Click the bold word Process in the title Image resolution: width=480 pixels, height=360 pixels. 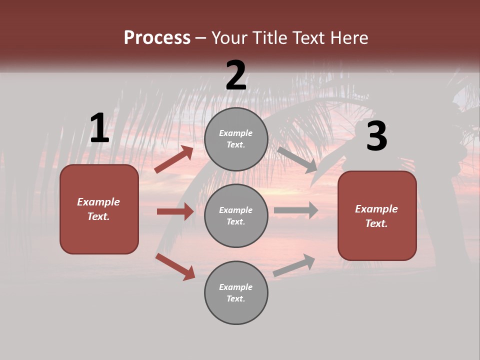tap(157, 38)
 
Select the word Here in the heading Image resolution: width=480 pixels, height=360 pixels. tap(348, 38)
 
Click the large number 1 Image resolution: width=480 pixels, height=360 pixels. tap(99, 128)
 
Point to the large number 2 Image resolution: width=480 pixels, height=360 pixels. tap(236, 75)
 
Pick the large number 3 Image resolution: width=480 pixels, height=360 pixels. tap(376, 136)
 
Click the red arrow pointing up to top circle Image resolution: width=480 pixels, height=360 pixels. tap(174, 159)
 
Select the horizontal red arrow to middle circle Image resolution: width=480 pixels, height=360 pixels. tap(175, 211)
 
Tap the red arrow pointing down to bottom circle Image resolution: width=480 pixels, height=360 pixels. tap(175, 266)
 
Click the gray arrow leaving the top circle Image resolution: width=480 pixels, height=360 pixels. tap(297, 160)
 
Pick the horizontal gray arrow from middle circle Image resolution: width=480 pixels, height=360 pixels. tap(296, 210)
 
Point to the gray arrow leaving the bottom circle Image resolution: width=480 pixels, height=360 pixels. tap(294, 265)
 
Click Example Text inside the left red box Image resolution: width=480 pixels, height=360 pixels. tap(98, 209)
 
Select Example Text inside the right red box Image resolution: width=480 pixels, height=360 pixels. tap(376, 216)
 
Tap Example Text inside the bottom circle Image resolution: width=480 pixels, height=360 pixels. tap(236, 292)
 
